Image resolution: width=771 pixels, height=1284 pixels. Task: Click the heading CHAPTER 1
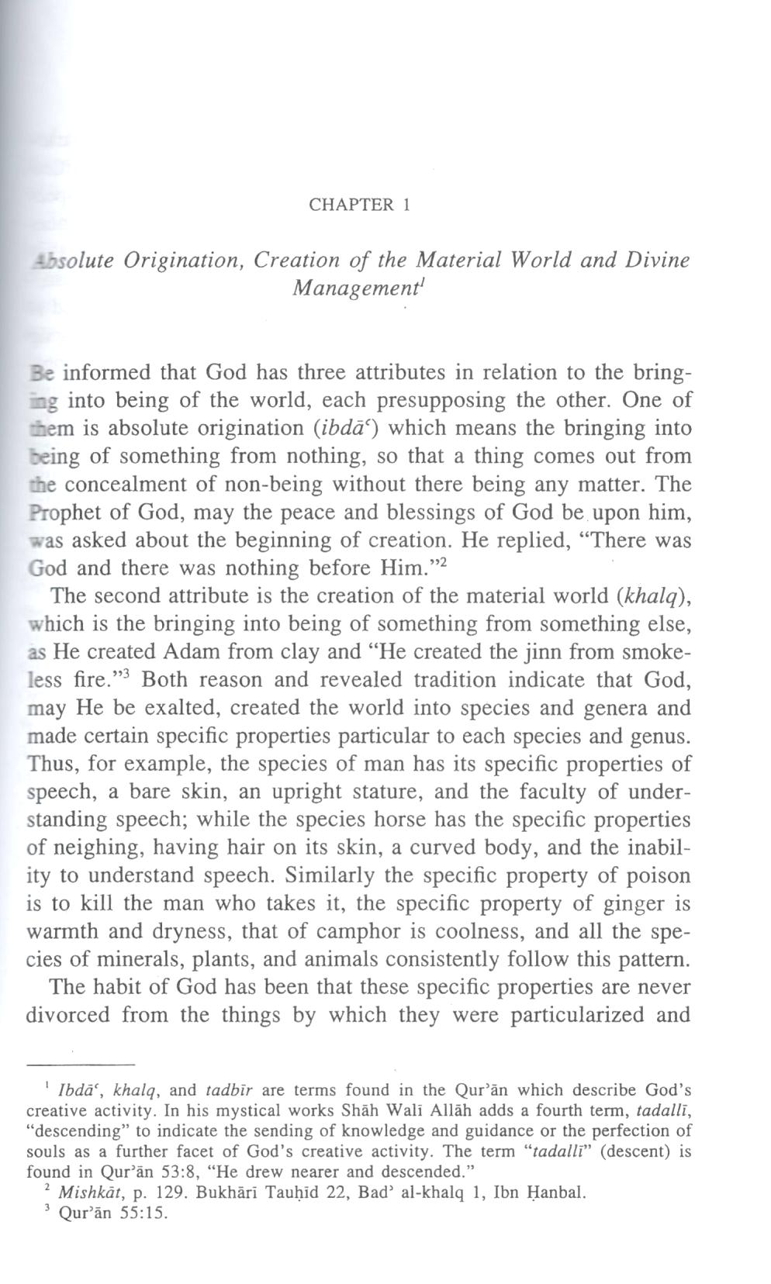[x=358, y=205]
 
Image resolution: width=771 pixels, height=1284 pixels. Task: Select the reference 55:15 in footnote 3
[x=145, y=1214]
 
